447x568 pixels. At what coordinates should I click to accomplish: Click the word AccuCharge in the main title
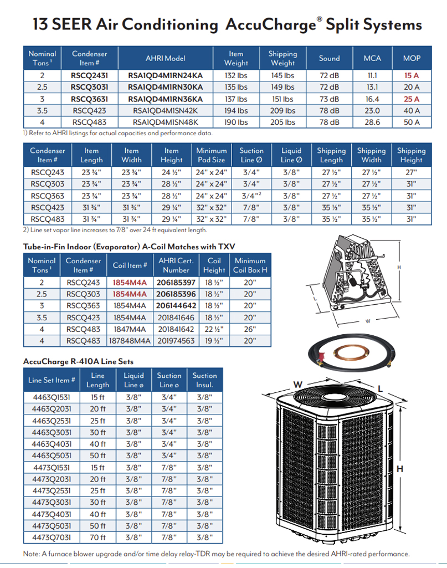coord(271,25)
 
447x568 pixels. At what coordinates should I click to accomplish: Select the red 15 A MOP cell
coord(411,75)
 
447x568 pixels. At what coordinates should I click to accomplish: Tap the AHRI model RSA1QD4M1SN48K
coord(165,122)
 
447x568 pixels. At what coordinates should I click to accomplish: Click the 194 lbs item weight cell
coord(236,111)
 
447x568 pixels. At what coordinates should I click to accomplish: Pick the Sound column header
coord(329,58)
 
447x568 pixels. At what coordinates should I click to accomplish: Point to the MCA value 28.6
coord(372,122)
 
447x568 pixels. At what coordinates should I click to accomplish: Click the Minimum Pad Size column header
coord(211,155)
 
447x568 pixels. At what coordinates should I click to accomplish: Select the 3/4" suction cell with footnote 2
coord(251,196)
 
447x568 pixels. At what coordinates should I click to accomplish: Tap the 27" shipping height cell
coord(411,172)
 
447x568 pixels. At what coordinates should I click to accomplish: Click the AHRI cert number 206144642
coord(176,305)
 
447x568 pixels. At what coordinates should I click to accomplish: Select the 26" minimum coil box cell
coord(250,329)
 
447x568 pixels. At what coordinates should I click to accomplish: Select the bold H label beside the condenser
coord(399,469)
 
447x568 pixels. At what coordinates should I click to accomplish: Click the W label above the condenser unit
coord(297,385)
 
